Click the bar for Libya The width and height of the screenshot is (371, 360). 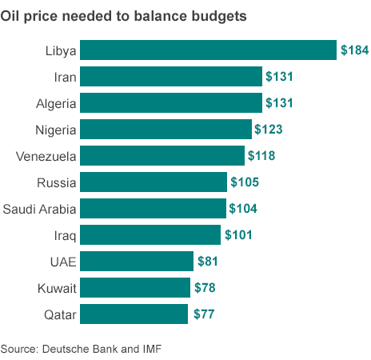point(208,50)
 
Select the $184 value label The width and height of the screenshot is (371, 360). point(354,50)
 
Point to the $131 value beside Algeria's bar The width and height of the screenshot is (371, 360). point(280,103)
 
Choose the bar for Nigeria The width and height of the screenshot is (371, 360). point(166,129)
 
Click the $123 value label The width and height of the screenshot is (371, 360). point(269,129)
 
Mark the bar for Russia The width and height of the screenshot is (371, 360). point(154,182)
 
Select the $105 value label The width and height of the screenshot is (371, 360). point(244,182)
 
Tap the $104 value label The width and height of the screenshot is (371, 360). point(243,209)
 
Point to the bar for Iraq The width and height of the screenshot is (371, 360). point(150,234)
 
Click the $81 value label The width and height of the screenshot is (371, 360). point(207,261)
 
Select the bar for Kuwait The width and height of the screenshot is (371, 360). point(136,287)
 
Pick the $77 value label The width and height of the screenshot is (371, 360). point(205,314)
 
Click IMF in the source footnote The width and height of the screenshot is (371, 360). point(160,349)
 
